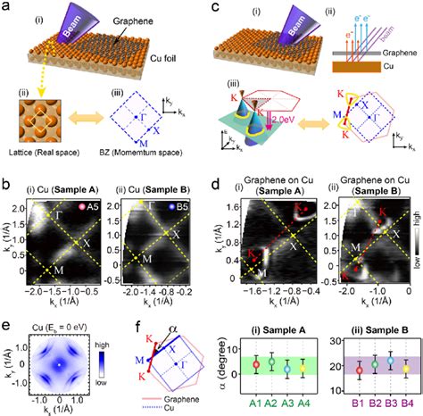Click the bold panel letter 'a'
click(x=6, y=7)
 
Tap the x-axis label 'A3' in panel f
click(x=288, y=403)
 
